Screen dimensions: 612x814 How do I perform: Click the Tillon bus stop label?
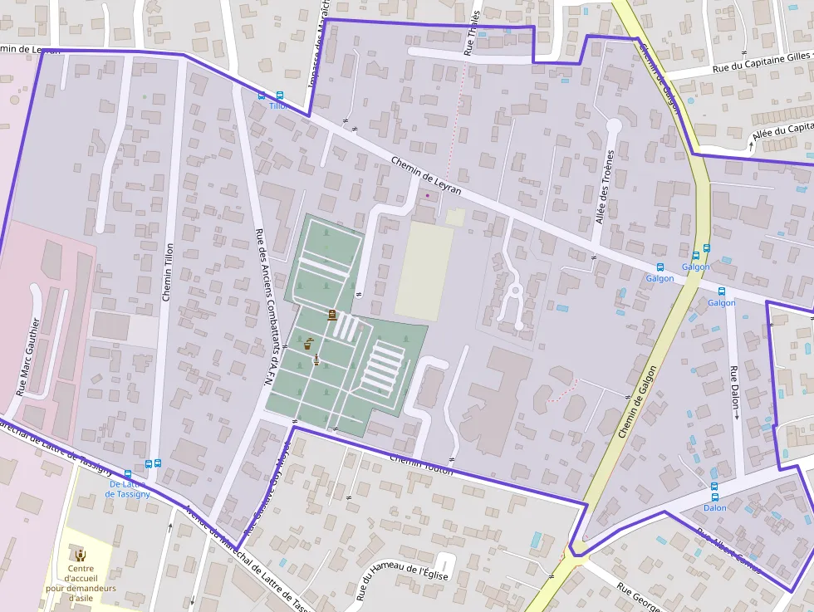[x=278, y=106]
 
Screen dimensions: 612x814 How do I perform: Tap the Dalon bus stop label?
[x=714, y=507]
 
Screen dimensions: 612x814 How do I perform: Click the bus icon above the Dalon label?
[x=713, y=486]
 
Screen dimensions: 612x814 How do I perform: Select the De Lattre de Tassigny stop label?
[x=127, y=488]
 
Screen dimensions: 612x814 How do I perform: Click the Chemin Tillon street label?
[x=168, y=272]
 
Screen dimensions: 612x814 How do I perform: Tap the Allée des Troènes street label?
[x=606, y=187]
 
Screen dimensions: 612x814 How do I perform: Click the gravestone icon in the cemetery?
[x=332, y=315]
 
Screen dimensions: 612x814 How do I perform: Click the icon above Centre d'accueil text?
[x=81, y=555]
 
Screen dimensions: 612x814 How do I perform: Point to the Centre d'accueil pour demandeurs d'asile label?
[x=81, y=583]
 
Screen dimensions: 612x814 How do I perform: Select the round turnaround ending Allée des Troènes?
[x=614, y=125]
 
